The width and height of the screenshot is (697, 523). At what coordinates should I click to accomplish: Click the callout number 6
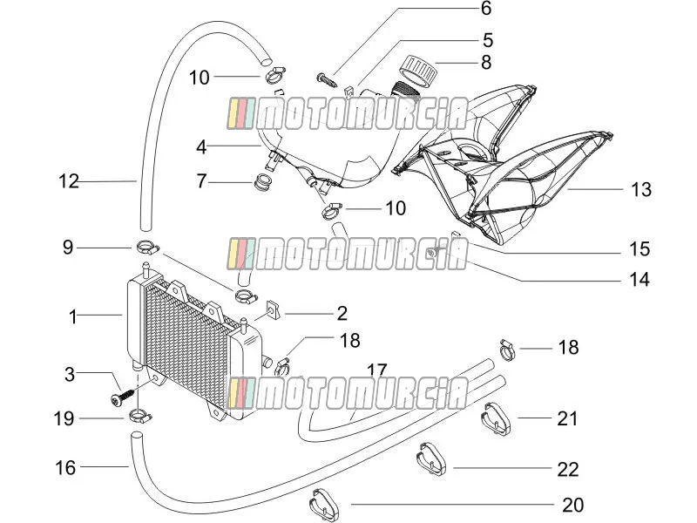[486, 9]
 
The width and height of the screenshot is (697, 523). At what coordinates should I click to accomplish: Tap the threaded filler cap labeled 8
[419, 71]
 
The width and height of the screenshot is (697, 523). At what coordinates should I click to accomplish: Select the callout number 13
[641, 189]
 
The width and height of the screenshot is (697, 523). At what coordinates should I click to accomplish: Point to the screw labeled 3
[122, 397]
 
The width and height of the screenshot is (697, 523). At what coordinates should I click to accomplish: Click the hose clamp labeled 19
[140, 418]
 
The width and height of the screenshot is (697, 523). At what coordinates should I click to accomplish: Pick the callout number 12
[69, 181]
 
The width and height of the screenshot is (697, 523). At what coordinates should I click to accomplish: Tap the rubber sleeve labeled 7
[262, 183]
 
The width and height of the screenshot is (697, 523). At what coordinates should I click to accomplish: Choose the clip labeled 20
[324, 505]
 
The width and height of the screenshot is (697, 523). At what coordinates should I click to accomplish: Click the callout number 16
[64, 467]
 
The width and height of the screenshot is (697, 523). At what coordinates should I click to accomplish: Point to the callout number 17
[376, 370]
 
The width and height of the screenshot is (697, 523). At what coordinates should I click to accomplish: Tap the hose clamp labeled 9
[146, 247]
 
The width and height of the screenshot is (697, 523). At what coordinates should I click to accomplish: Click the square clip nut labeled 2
[273, 309]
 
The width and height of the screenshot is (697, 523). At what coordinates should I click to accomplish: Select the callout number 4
[201, 146]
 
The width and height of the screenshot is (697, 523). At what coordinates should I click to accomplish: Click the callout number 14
[639, 279]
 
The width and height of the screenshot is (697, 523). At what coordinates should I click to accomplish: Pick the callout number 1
[73, 317]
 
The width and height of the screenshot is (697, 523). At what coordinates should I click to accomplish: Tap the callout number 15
[639, 248]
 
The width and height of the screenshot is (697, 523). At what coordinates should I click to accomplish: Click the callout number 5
[488, 40]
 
